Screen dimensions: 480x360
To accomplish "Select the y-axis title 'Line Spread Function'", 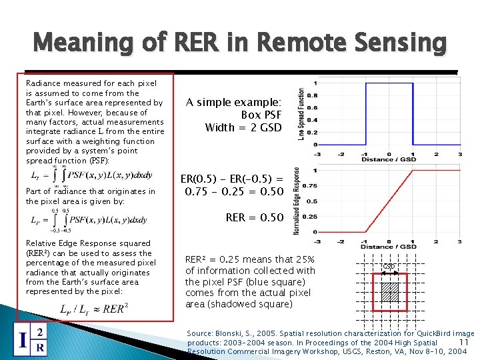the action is (302, 114).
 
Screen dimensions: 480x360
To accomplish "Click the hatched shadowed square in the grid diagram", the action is (389, 291).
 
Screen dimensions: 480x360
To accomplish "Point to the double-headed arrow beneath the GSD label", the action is (389, 272).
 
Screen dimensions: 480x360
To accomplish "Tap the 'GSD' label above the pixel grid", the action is (389, 266).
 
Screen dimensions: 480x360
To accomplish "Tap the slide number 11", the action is (465, 343).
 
